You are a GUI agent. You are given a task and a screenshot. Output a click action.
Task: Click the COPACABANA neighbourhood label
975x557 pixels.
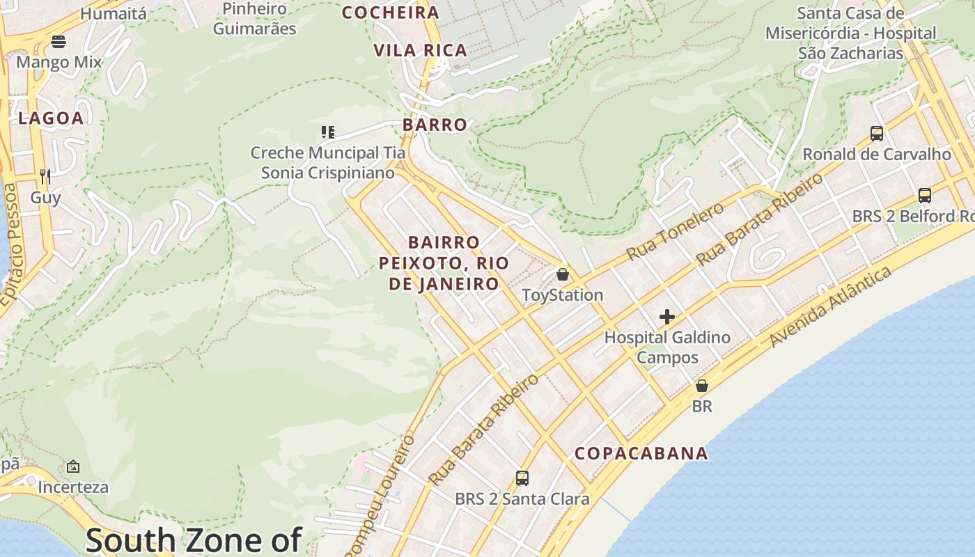pos(641,453)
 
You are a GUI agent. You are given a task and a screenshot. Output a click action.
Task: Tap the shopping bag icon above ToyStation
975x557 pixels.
pos(563,274)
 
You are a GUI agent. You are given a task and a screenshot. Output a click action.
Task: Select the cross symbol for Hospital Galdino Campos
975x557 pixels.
pos(667,317)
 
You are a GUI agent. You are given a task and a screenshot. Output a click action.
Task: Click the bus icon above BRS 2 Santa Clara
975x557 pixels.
pos(522,478)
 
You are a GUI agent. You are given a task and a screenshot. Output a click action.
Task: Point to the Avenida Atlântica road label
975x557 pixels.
pos(830,306)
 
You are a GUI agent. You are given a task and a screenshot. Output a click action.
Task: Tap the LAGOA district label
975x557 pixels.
pos(51,118)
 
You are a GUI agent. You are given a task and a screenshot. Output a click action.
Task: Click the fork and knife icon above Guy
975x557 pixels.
pos(45,176)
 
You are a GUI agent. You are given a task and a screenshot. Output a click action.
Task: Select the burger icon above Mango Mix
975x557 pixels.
pos(58,42)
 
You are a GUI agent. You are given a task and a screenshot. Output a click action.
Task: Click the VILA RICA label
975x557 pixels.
pos(420,50)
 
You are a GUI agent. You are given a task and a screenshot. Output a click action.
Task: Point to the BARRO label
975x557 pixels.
pos(435,125)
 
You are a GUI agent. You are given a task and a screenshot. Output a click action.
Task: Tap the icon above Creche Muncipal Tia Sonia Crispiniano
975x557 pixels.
pos(328,132)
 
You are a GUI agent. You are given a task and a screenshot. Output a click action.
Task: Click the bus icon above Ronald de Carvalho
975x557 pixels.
pos(877,133)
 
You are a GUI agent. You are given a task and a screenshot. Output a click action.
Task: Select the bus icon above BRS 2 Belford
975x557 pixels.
pos(925,196)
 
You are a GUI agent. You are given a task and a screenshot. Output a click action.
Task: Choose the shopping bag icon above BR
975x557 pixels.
pos(702,385)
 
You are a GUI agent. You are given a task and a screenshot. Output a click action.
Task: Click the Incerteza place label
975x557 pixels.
pos(73,487)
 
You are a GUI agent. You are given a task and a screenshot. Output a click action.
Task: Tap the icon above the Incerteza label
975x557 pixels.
pos(73,466)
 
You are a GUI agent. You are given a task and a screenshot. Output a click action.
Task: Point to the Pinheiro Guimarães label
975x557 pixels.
pos(255,19)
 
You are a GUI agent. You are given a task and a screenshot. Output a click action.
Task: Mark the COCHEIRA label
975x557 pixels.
pos(391,13)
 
